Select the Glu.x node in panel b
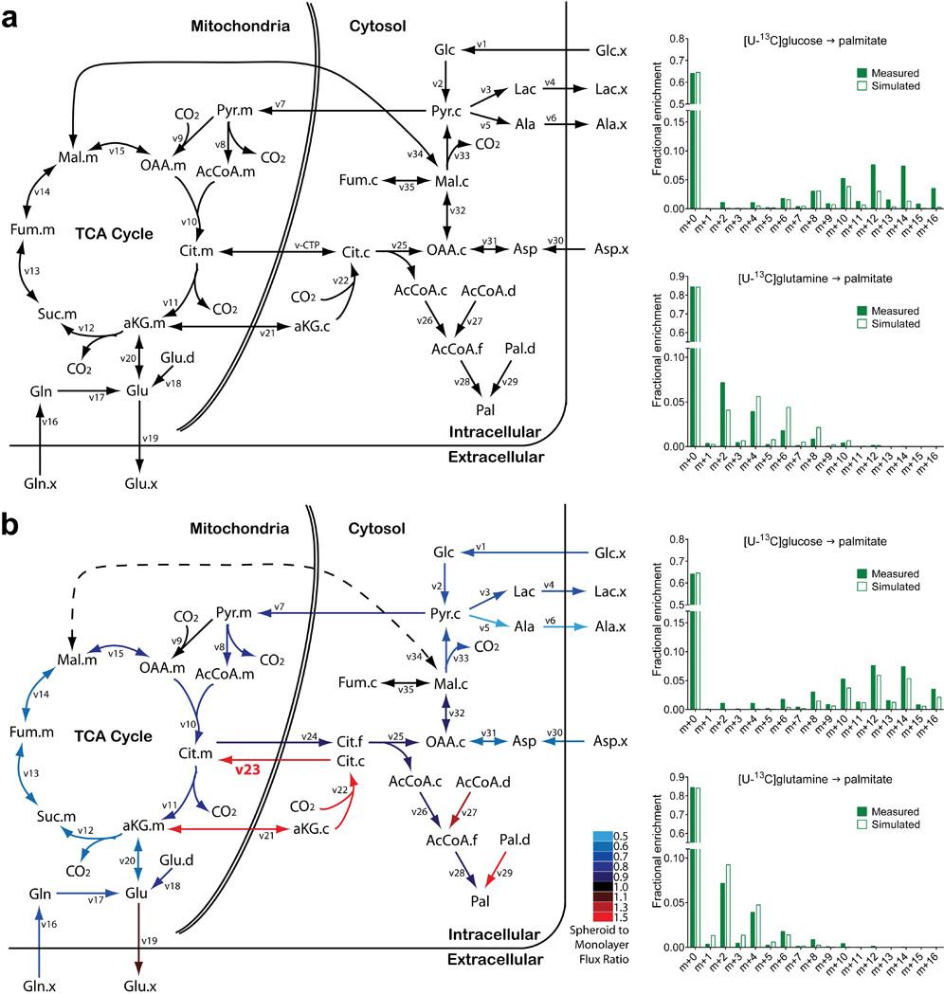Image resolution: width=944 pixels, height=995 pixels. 139,985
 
